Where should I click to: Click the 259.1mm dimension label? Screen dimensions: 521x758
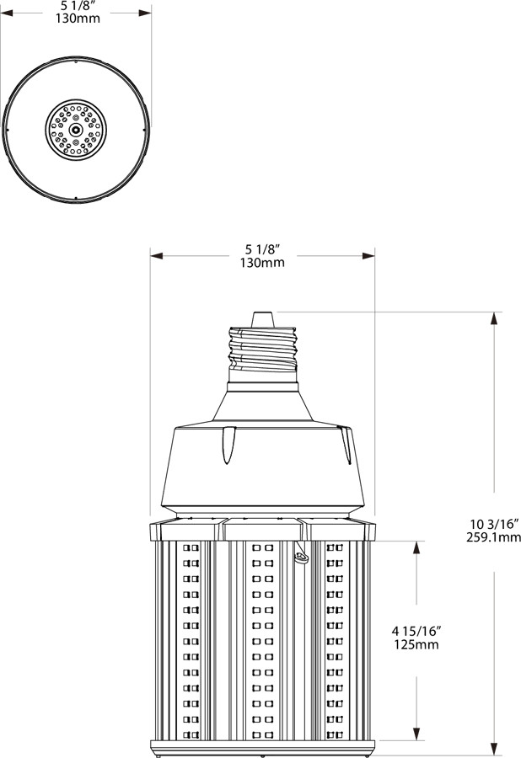[493, 537]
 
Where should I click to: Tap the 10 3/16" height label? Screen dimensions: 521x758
[493, 524]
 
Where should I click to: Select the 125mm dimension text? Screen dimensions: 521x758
[416, 644]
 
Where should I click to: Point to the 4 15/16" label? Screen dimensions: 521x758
[416, 631]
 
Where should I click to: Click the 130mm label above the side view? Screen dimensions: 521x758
[262, 263]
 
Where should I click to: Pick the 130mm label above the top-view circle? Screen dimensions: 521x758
[78, 19]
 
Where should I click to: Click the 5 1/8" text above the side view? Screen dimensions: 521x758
[263, 249]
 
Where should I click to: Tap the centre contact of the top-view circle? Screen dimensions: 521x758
[76, 130]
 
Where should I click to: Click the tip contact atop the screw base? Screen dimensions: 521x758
[263, 319]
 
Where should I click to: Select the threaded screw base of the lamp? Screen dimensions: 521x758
[263, 350]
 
